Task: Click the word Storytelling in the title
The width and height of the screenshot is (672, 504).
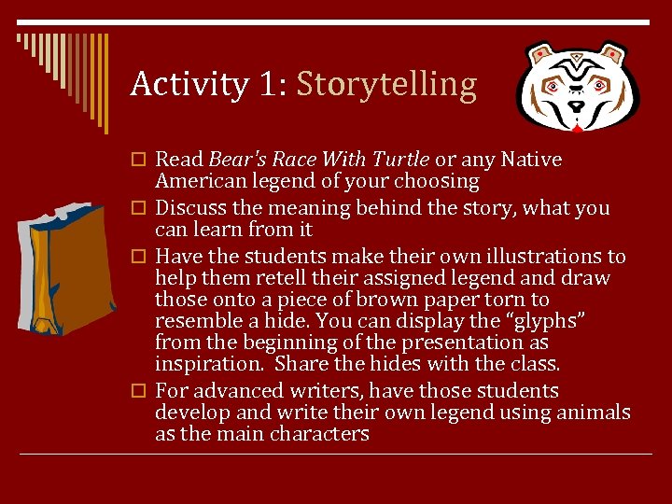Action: (386, 85)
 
